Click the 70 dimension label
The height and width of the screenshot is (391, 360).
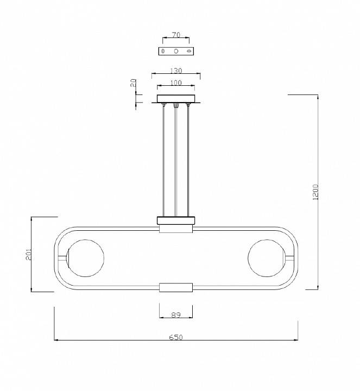pos(176,35)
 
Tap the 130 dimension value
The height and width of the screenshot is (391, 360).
pos(176,71)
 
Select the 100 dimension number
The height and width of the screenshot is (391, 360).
pos(176,83)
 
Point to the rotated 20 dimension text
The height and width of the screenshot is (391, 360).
pos(134,83)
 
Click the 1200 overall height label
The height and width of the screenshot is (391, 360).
pos(315,192)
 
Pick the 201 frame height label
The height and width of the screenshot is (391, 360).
pos(29,254)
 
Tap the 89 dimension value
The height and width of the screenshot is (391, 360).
pos(176,315)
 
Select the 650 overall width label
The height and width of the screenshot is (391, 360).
pos(176,337)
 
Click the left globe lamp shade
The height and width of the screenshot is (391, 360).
pos(85,258)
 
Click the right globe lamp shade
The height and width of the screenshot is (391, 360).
pos(267,258)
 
